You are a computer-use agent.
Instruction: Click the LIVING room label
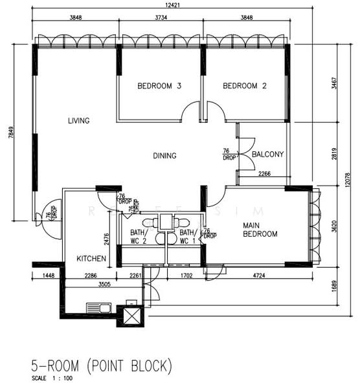point(78,120)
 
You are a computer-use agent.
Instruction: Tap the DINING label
point(164,155)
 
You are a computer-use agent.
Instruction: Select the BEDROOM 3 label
point(159,86)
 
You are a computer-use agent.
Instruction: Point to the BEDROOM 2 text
point(245,86)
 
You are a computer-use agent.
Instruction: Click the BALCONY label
point(266,155)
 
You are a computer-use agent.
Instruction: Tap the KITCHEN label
point(91,259)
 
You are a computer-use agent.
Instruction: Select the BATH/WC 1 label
point(187,237)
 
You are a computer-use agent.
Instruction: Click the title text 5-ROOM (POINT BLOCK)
point(102,367)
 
